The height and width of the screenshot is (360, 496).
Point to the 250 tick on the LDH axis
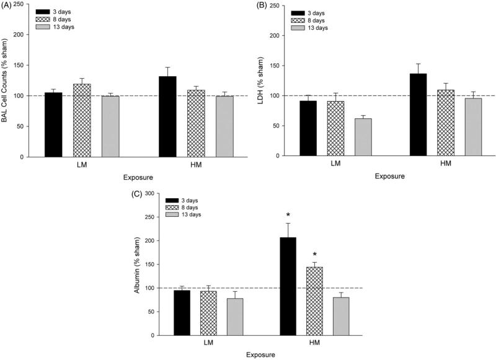273,5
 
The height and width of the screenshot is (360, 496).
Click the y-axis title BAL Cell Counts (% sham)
7,81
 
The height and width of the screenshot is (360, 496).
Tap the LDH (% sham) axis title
257,81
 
